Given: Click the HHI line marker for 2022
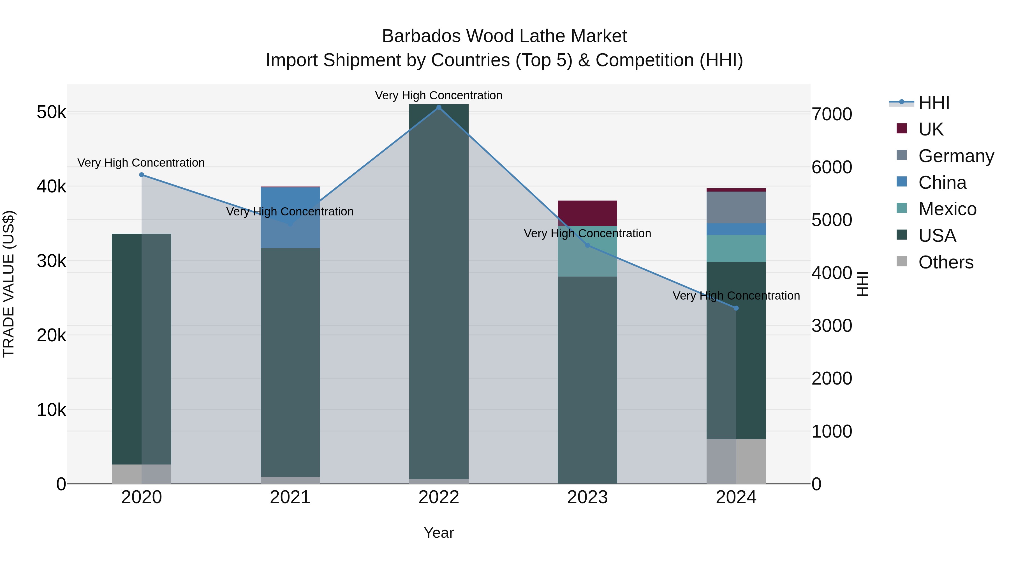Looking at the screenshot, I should coord(439,107).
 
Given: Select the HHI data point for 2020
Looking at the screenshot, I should coord(142,175).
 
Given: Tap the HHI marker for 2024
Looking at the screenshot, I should coord(736,308).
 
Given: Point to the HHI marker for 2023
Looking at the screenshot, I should coord(587,245).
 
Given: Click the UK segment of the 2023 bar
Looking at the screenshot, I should coord(587,213).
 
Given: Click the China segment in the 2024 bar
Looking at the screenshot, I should coord(736,229).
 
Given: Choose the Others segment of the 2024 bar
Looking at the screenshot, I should coord(736,461).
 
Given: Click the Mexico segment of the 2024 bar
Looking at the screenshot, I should coord(736,249).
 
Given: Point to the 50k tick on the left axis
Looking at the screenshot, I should coord(51,112).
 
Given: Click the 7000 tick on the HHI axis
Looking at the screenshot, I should coord(832,114).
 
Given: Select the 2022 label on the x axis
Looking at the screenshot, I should coord(439,497).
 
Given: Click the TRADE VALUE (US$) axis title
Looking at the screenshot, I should coord(9,284).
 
